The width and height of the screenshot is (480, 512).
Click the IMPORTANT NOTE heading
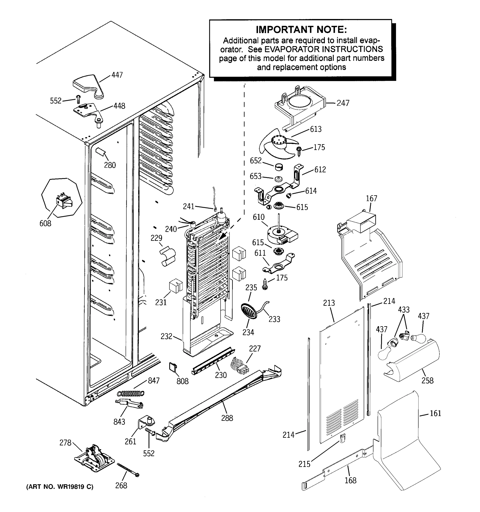(301, 30)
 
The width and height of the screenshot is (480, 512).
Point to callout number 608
(45, 223)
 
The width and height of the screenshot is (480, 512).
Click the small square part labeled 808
(173, 367)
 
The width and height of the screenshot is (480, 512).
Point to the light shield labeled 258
(412, 361)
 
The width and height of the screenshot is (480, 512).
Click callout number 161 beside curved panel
(435, 413)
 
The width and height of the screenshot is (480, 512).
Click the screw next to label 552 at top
(78, 99)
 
